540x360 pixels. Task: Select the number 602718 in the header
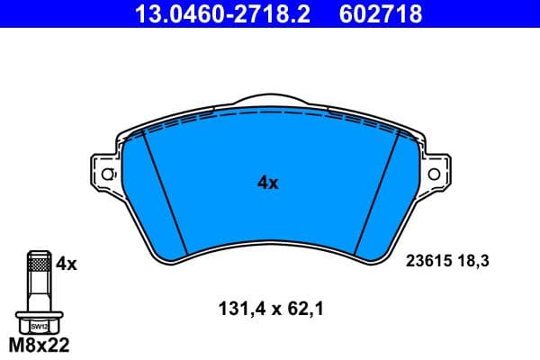(379, 13)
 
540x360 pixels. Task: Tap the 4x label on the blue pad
(268, 183)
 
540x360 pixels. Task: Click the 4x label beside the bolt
(67, 265)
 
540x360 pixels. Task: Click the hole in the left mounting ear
(108, 174)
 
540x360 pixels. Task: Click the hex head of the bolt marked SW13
(37, 325)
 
